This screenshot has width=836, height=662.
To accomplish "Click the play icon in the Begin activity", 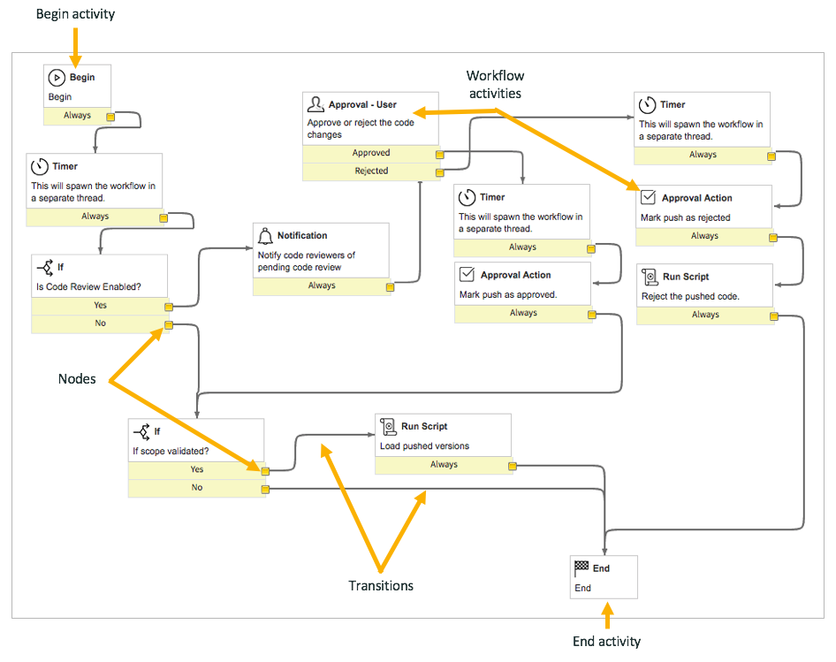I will coord(57,78).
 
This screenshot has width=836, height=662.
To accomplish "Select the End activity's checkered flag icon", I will coord(581,568).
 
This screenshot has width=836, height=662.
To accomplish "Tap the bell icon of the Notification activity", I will coord(264,236).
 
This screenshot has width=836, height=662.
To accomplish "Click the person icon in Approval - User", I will coord(315,105).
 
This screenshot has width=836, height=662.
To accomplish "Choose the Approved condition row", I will coord(371,153).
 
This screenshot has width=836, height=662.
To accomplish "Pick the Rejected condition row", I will coord(371,171).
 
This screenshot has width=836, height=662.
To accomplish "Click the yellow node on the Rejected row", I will coord(439,172).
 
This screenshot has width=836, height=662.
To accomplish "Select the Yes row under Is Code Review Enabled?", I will coord(100,306).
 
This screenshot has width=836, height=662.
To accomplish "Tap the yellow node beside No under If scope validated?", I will coord(264,489).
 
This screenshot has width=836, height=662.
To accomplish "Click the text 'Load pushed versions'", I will coord(424,445).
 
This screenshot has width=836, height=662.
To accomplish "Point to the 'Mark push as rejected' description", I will coord(685,217).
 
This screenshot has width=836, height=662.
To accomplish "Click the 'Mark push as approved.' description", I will coord(508,294).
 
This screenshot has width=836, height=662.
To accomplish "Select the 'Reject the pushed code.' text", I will coord(689,296).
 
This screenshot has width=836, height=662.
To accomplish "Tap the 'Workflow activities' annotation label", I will coord(494,85).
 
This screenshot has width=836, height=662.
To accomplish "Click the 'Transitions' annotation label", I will coord(381,585).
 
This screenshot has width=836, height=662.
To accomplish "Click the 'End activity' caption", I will coord(605,642).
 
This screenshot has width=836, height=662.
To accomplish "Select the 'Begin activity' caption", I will coord(75,14).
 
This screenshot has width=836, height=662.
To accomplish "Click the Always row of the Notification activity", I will coord(322,285).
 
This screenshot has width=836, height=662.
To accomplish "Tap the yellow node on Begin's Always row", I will coord(111,117).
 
